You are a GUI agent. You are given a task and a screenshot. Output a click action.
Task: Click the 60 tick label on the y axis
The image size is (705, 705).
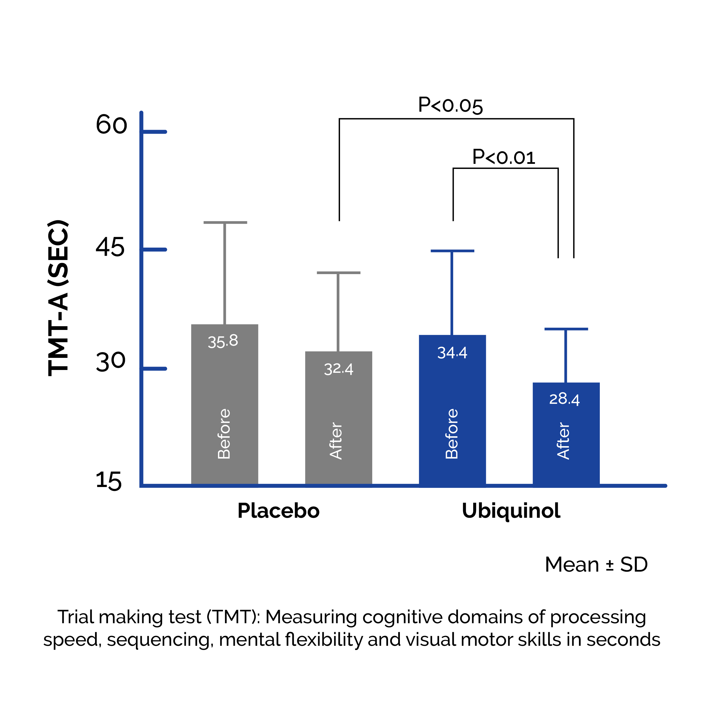(111, 125)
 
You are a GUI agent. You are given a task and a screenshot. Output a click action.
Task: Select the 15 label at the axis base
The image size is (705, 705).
(108, 481)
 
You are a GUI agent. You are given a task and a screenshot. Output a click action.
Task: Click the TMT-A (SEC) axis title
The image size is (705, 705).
(58, 298)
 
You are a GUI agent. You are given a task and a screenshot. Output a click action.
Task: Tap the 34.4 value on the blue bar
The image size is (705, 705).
(452, 352)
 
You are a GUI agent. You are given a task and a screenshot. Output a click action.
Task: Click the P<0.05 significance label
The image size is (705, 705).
(450, 105)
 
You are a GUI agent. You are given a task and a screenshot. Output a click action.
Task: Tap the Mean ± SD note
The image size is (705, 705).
(596, 565)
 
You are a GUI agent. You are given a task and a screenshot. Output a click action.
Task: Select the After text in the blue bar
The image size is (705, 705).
(563, 441)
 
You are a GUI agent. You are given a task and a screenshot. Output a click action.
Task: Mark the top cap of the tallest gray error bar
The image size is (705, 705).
(225, 222)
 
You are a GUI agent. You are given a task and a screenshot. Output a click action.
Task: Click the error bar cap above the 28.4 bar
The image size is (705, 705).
(566, 329)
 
